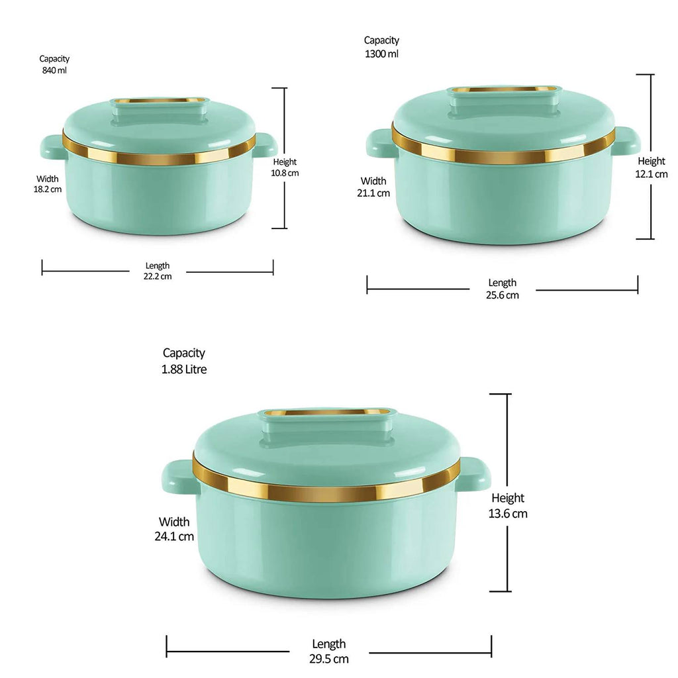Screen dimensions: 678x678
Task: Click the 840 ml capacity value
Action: pyautogui.click(x=54, y=70)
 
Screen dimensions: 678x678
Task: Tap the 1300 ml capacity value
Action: pyautogui.click(x=382, y=54)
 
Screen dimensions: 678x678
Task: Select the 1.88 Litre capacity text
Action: pyautogui.click(x=184, y=369)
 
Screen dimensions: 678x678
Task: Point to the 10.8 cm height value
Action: pyautogui.click(x=285, y=173)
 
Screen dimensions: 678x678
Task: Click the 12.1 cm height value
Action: pyautogui.click(x=652, y=174)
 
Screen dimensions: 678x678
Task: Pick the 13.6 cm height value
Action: pyautogui.click(x=508, y=514)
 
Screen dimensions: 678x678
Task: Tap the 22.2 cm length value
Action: pyautogui.click(x=158, y=276)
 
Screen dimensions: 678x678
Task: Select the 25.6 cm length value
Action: pyautogui.click(x=503, y=295)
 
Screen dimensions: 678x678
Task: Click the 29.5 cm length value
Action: pyautogui.click(x=329, y=659)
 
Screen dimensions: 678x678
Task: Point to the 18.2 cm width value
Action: pyautogui.click(x=48, y=189)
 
